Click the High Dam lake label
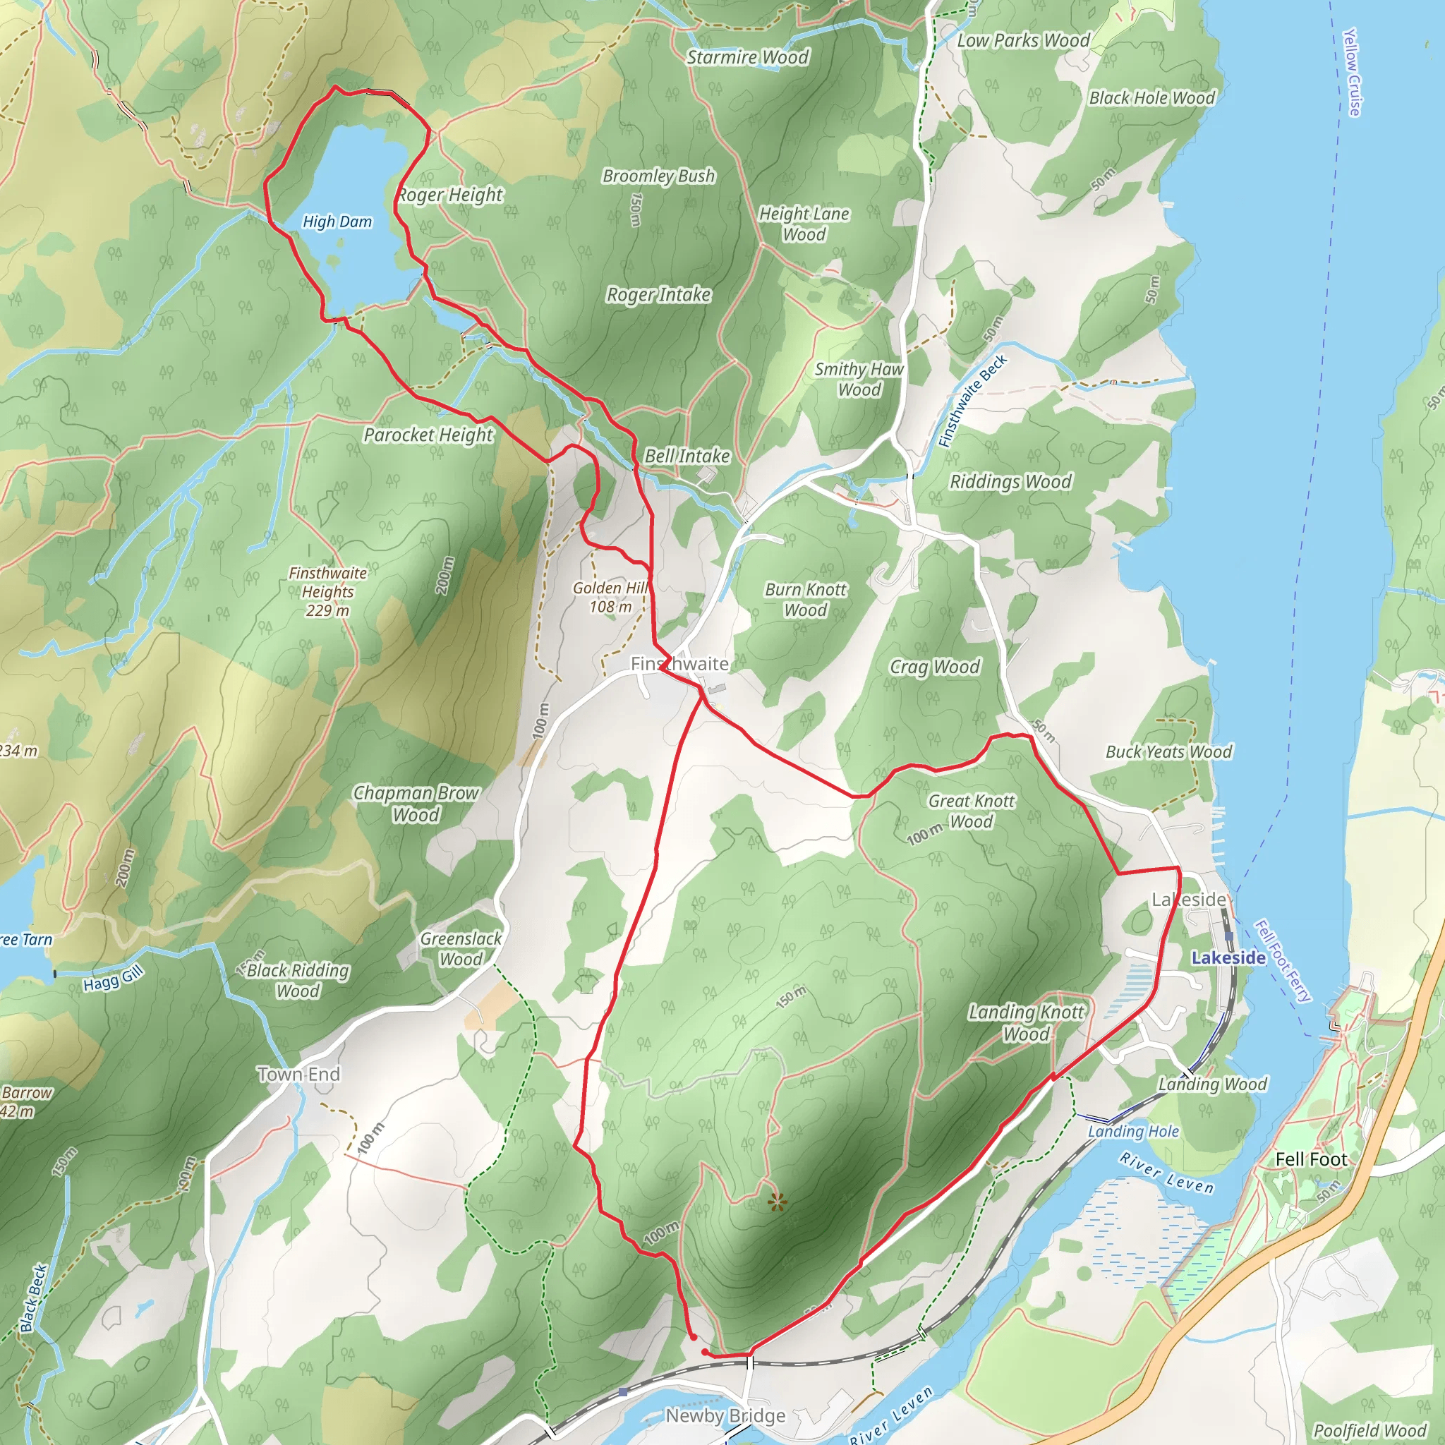coord(337,222)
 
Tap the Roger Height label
coord(451,195)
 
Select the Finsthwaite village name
coord(679,663)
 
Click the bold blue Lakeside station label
coord(1228,957)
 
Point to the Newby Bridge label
coord(725,1415)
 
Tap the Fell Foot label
coord(1310,1159)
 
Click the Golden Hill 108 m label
coord(610,597)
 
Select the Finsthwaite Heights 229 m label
coord(327,591)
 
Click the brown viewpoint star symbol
coord(778,1203)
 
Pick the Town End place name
coord(298,1074)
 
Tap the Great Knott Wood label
coord(971,811)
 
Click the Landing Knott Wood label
coord(1025,1022)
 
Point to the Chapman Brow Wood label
coord(416,803)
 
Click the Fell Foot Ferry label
coord(1283,960)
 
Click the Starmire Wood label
coord(748,58)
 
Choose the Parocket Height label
coord(428,435)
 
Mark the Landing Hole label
coord(1133,1131)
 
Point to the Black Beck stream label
coord(35,1298)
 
